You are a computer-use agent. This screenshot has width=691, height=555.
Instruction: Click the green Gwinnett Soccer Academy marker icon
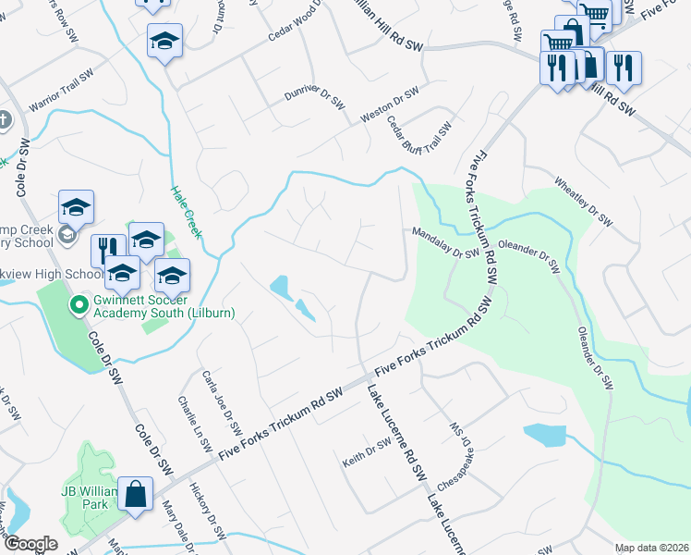[79, 302]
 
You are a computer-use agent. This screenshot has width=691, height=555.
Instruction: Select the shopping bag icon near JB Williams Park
[136, 494]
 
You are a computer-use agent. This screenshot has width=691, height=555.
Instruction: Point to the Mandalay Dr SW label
[445, 243]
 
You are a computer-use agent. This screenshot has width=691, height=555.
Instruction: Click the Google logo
[30, 543]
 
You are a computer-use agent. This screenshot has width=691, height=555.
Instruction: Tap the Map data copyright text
[650, 548]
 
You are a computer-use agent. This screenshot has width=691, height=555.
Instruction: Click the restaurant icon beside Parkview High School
[108, 248]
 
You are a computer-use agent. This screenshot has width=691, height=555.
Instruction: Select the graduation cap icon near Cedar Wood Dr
[165, 42]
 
